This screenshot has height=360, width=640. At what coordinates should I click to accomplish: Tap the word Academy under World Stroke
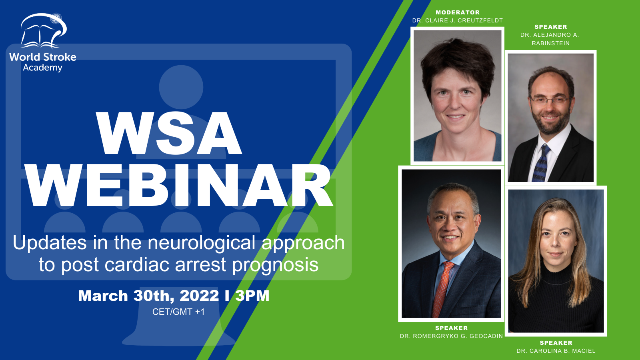(x=42, y=68)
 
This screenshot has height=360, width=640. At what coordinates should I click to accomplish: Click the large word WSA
(x=169, y=133)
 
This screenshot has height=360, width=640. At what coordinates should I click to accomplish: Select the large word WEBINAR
(x=180, y=186)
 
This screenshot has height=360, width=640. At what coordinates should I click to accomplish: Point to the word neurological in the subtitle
(x=202, y=242)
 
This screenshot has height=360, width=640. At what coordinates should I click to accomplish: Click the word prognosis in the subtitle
(x=275, y=264)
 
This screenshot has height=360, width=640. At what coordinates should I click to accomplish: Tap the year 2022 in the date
(x=199, y=296)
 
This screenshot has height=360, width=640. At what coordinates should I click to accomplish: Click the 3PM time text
(x=252, y=296)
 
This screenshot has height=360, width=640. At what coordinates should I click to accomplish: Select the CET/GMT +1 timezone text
(x=178, y=312)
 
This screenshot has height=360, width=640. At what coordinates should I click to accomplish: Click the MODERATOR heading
(x=458, y=12)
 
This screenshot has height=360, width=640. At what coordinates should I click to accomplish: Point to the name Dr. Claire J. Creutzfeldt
(x=458, y=20)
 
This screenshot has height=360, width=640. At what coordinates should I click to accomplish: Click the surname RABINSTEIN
(x=550, y=43)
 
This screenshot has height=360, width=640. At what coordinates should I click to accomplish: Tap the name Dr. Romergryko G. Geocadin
(x=452, y=336)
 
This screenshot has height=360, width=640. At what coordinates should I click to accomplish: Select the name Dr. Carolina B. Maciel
(x=556, y=351)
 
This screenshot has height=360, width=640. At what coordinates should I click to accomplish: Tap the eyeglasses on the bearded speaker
(x=550, y=100)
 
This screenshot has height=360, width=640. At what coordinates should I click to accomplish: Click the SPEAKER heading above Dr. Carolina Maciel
(x=556, y=342)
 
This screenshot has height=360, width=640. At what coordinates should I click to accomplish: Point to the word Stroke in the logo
(x=63, y=57)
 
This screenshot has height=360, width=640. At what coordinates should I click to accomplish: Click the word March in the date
(x=103, y=296)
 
